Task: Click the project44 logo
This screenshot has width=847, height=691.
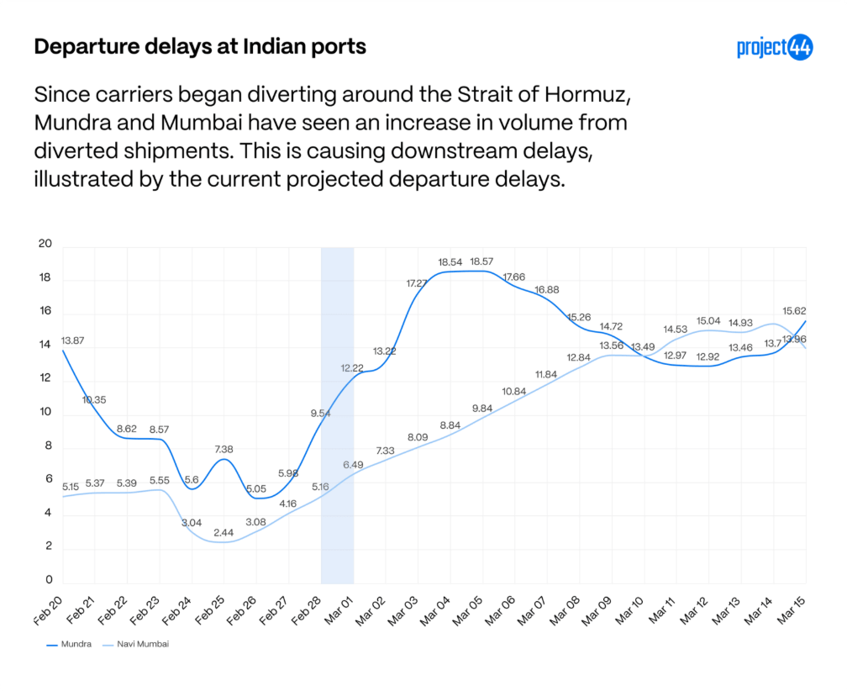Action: (775, 48)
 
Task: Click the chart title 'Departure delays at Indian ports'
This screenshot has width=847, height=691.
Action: (200, 46)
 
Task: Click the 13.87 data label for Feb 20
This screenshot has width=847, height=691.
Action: (73, 341)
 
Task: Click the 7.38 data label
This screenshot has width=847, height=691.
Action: (224, 450)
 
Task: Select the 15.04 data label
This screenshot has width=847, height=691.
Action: (708, 321)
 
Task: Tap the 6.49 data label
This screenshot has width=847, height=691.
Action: (354, 464)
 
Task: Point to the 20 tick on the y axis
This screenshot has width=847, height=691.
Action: (45, 245)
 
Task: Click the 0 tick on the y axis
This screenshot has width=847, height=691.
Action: (49, 580)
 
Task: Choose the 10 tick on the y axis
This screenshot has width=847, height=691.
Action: (45, 413)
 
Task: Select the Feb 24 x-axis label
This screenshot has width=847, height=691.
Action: (176, 610)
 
